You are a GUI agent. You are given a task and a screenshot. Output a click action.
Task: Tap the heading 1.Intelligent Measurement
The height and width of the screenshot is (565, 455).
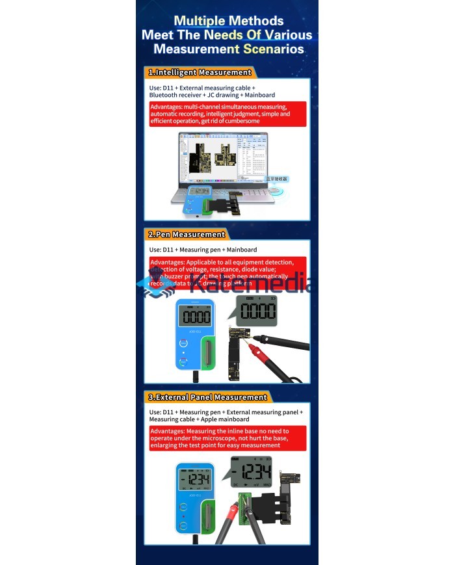coord(200,72)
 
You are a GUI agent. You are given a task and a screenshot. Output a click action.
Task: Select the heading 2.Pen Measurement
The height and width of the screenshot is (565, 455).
coord(187,234)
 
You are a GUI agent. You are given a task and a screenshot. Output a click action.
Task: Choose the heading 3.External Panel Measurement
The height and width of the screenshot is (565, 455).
coord(207,397)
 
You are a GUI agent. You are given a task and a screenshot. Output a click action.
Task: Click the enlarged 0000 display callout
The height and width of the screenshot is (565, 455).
coord(257,310)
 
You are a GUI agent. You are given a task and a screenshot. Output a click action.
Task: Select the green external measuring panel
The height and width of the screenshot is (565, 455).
coord(246,507)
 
